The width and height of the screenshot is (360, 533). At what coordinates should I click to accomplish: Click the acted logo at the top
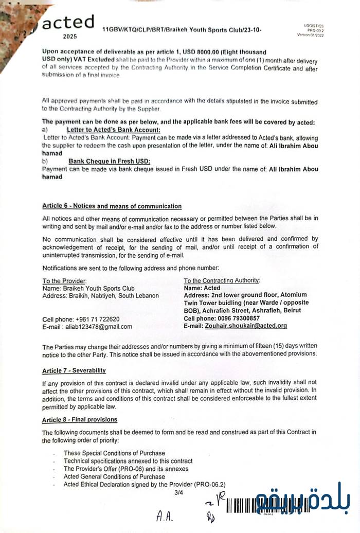point(68,22)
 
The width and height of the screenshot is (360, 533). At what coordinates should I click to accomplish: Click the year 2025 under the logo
point(69,37)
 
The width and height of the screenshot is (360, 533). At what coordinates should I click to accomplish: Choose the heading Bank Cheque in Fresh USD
point(110,161)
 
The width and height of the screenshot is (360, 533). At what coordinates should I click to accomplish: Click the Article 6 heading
point(112,206)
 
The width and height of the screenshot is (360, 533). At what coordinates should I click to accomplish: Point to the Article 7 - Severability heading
point(74,370)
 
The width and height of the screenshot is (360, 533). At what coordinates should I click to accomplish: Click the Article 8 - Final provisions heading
point(79,419)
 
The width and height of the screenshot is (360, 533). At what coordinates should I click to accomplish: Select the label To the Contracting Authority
point(222,280)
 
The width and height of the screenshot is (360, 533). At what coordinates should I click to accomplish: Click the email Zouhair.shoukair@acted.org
point(246,326)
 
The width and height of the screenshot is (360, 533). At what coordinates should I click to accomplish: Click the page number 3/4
point(179,492)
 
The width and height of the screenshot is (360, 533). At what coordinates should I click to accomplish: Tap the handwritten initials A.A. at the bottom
point(166,517)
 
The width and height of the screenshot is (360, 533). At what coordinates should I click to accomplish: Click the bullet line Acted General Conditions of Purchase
point(114,476)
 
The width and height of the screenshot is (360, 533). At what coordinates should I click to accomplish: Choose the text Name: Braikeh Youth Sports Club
point(88,289)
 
